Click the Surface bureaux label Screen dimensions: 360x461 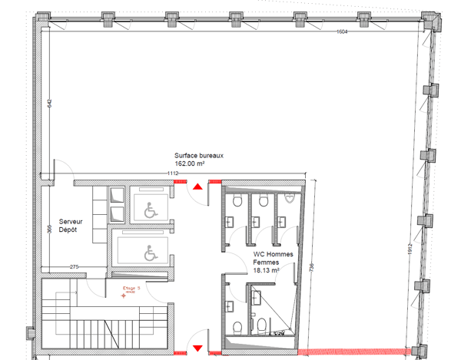point(199,155)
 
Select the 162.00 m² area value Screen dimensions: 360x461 point(189,163)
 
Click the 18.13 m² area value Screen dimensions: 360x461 point(265,270)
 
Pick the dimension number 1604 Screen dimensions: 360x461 point(342,31)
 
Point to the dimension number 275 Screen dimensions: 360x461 point(75,266)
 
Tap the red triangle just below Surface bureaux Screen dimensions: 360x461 point(198,186)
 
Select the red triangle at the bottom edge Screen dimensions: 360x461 point(198,348)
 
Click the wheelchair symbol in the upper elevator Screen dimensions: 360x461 point(148,206)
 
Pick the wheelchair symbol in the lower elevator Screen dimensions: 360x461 point(148,250)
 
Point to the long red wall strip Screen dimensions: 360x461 point(354,352)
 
